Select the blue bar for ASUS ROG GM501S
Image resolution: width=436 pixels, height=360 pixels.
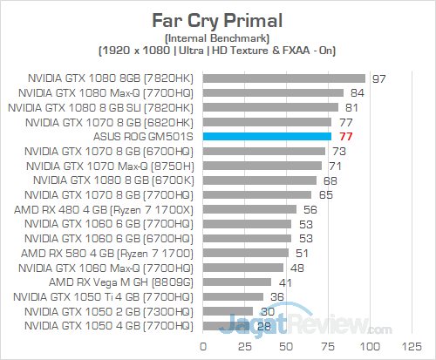coord(267,137)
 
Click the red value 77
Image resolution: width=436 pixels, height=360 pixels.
coord(344,137)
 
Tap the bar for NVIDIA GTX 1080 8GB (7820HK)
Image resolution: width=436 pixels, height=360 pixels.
coord(283,78)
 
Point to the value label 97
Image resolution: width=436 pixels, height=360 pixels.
coord(378,78)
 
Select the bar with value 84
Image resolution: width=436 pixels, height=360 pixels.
coord(274,92)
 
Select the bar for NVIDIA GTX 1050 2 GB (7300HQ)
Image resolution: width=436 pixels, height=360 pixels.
coord(228,312)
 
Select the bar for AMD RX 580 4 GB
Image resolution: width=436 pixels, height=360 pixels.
coord(245,254)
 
